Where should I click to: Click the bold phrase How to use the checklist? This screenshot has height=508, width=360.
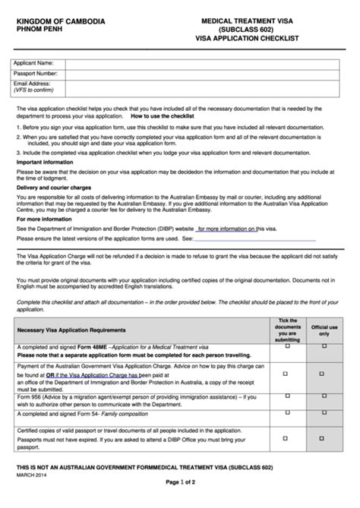pos(163,117)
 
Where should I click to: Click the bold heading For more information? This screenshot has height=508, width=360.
pos(45,219)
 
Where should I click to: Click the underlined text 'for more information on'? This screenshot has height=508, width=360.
pos(226,228)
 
